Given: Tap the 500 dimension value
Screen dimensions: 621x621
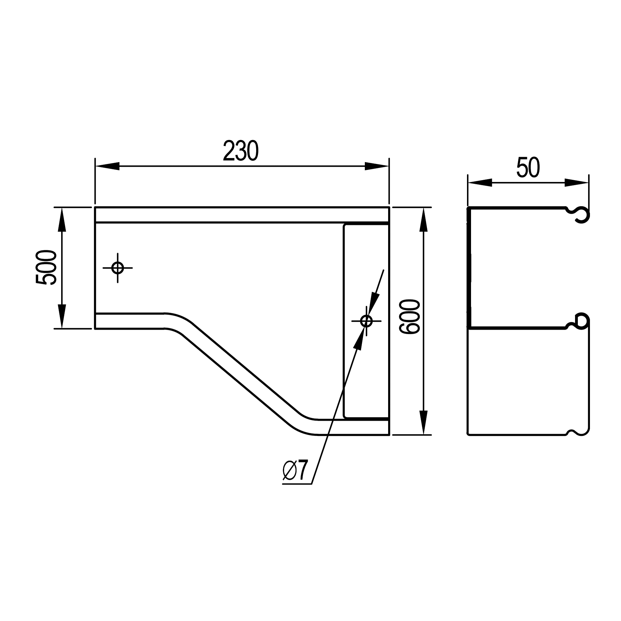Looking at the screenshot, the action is coord(46,267).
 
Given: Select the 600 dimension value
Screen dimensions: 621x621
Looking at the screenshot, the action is coord(410,317).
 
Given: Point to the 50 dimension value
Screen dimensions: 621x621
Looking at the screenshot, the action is coord(528,167).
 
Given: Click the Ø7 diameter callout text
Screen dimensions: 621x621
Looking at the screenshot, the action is coord(295,471).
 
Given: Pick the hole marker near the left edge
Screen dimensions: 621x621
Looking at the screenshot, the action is coord(118,268).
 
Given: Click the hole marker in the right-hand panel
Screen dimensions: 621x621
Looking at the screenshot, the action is coord(366,321).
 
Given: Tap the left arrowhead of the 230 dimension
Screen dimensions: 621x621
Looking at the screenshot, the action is coord(107,166).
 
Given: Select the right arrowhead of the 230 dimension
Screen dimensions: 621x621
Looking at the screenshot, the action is coord(377,166).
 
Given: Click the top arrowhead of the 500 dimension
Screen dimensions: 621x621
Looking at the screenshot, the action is coord(62,220).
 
